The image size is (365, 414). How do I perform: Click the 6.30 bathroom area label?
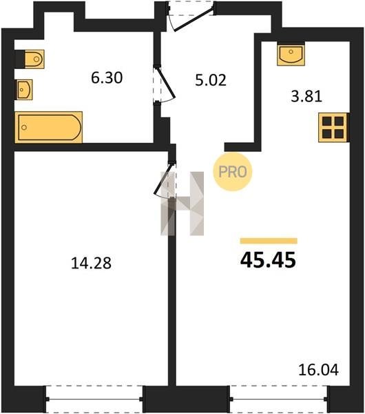tap(107, 78)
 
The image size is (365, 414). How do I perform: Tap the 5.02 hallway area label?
tap(211, 80)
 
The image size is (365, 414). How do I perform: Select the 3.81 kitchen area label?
tap(306, 97)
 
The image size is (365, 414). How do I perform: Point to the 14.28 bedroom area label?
tap(91, 264)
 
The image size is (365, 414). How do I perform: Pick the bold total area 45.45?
tap(268, 260)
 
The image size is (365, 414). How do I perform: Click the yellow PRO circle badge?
tap(233, 172)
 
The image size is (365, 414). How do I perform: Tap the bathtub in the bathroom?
tap(49, 127)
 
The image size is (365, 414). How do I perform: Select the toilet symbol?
tap(34, 59)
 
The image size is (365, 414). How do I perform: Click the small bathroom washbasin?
tap(25, 90)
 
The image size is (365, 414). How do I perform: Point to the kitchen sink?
tap(291, 55)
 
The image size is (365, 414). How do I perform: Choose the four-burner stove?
tap(333, 127)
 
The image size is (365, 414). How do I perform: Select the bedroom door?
tap(164, 179)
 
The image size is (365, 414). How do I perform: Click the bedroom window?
tap(94, 399)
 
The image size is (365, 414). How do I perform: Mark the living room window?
tap(279, 399)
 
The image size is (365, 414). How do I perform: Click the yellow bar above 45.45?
tap(269, 241)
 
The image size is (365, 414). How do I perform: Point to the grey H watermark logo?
tap(182, 204)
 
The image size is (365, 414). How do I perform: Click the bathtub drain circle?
tap(24, 128)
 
